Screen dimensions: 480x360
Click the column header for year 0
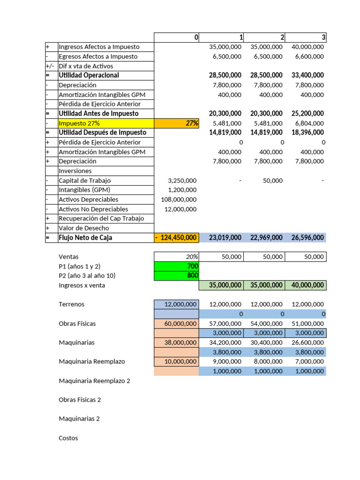point(176,37)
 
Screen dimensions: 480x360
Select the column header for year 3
point(305,37)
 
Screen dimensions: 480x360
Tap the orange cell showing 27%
point(176,123)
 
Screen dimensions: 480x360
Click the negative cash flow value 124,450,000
point(176,238)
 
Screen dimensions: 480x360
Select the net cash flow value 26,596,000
point(305,238)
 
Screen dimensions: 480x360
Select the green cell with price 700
point(176,266)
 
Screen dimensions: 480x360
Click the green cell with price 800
point(176,276)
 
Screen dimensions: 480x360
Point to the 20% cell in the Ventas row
point(176,257)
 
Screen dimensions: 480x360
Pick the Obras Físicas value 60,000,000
point(176,323)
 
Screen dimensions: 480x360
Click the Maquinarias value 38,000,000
point(176,343)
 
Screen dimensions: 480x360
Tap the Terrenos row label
point(71,304)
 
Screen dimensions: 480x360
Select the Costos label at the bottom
point(68,438)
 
